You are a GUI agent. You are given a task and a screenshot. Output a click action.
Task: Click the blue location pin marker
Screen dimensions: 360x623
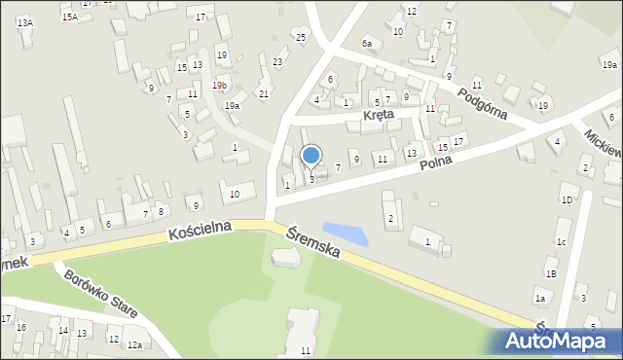311,157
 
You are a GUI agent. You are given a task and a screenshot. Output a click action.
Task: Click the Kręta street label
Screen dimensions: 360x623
378,115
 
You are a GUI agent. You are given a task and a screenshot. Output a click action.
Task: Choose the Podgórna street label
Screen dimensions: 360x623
483,100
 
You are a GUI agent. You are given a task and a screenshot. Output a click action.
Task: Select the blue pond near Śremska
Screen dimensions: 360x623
346,234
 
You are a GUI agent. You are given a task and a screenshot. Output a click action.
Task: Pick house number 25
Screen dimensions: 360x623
301,37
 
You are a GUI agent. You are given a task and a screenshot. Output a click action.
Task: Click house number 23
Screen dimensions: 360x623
277,62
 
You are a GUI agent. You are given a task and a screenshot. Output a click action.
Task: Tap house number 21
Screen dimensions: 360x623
264,93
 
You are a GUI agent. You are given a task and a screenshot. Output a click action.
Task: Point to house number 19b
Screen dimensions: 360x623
222,86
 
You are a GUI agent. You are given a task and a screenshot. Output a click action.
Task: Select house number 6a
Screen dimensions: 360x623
367,44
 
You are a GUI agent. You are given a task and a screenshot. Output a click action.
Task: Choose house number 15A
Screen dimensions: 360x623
69,18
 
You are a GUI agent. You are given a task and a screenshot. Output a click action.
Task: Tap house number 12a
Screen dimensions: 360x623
134,344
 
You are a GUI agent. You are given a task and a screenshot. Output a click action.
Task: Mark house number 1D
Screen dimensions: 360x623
566,199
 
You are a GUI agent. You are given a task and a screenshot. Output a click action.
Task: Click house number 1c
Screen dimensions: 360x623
561,240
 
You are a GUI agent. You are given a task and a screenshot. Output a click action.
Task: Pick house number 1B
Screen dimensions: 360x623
551,274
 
